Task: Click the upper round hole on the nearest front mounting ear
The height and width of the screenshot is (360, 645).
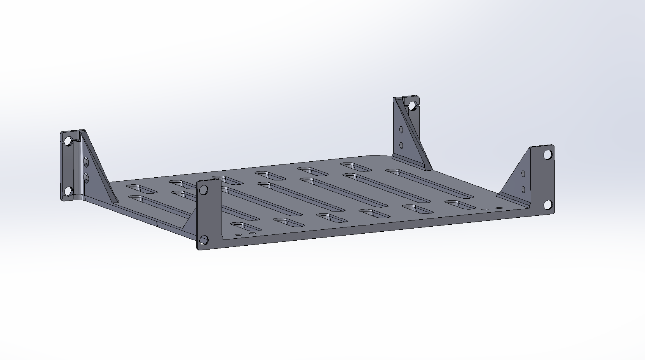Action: click(x=203, y=190)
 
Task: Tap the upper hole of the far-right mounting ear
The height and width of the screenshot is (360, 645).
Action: click(x=548, y=154)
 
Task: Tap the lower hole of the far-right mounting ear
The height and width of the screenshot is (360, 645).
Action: click(x=548, y=204)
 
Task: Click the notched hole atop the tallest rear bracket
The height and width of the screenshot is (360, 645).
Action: click(x=412, y=105)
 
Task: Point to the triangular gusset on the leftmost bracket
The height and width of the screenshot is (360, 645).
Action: click(x=99, y=167)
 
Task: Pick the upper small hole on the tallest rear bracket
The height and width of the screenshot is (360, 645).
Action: click(x=401, y=129)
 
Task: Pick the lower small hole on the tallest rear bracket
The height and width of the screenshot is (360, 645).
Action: click(x=401, y=145)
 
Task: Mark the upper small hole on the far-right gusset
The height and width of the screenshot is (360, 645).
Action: click(x=523, y=173)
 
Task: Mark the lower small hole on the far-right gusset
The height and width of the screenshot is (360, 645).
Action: click(x=523, y=189)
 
